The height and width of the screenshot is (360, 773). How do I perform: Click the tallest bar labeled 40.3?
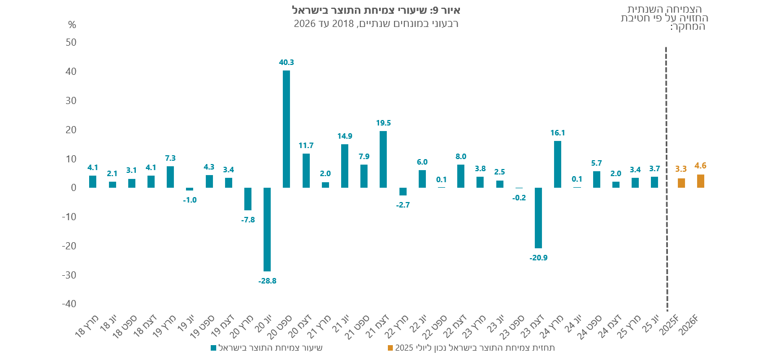[x=287, y=129]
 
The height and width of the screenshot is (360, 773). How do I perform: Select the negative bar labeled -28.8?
[x=267, y=230]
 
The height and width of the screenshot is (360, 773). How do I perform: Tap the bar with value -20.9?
[x=538, y=218]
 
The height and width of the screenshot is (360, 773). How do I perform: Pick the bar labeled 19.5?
[x=383, y=159]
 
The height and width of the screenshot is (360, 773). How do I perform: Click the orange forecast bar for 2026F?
[x=700, y=181]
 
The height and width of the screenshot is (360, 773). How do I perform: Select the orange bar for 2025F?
[x=681, y=183]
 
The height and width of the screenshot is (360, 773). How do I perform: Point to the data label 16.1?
[x=558, y=133]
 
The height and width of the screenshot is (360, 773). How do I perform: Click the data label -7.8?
[x=248, y=220]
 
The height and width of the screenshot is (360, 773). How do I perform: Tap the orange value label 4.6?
[x=700, y=166]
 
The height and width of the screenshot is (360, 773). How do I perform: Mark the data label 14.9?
[x=344, y=136]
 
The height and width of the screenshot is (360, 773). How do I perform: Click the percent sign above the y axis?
[x=72, y=25]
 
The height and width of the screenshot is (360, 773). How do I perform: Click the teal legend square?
[x=213, y=348]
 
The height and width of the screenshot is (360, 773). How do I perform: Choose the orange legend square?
[x=390, y=348]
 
